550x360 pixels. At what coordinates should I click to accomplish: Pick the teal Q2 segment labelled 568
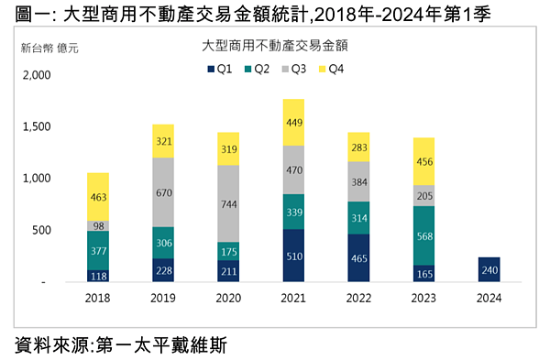tap(424, 235)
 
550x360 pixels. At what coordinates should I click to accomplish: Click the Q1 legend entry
tap(217, 69)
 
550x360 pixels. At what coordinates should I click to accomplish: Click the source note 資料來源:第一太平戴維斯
tap(120, 344)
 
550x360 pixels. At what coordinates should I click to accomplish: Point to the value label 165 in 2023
tap(424, 273)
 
